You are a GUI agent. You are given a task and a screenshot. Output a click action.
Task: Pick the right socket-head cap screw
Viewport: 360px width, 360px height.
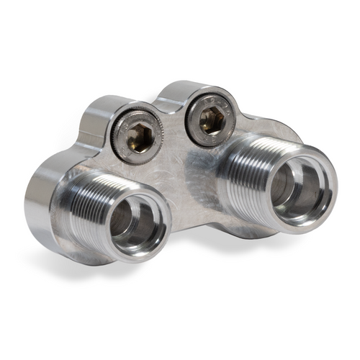[210, 120]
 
